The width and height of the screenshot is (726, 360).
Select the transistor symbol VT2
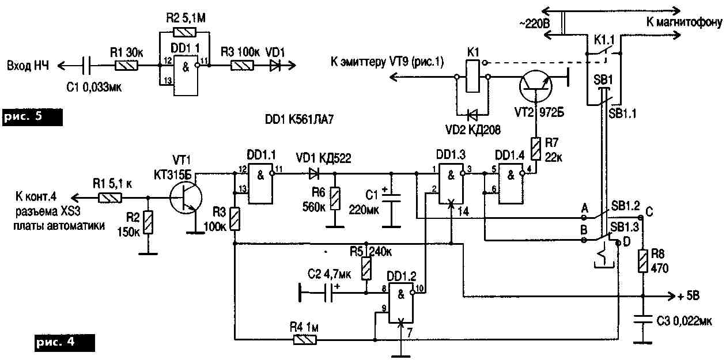pyautogui.click(x=535, y=85)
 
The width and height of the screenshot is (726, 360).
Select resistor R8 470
pyautogui.click(x=642, y=261)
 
